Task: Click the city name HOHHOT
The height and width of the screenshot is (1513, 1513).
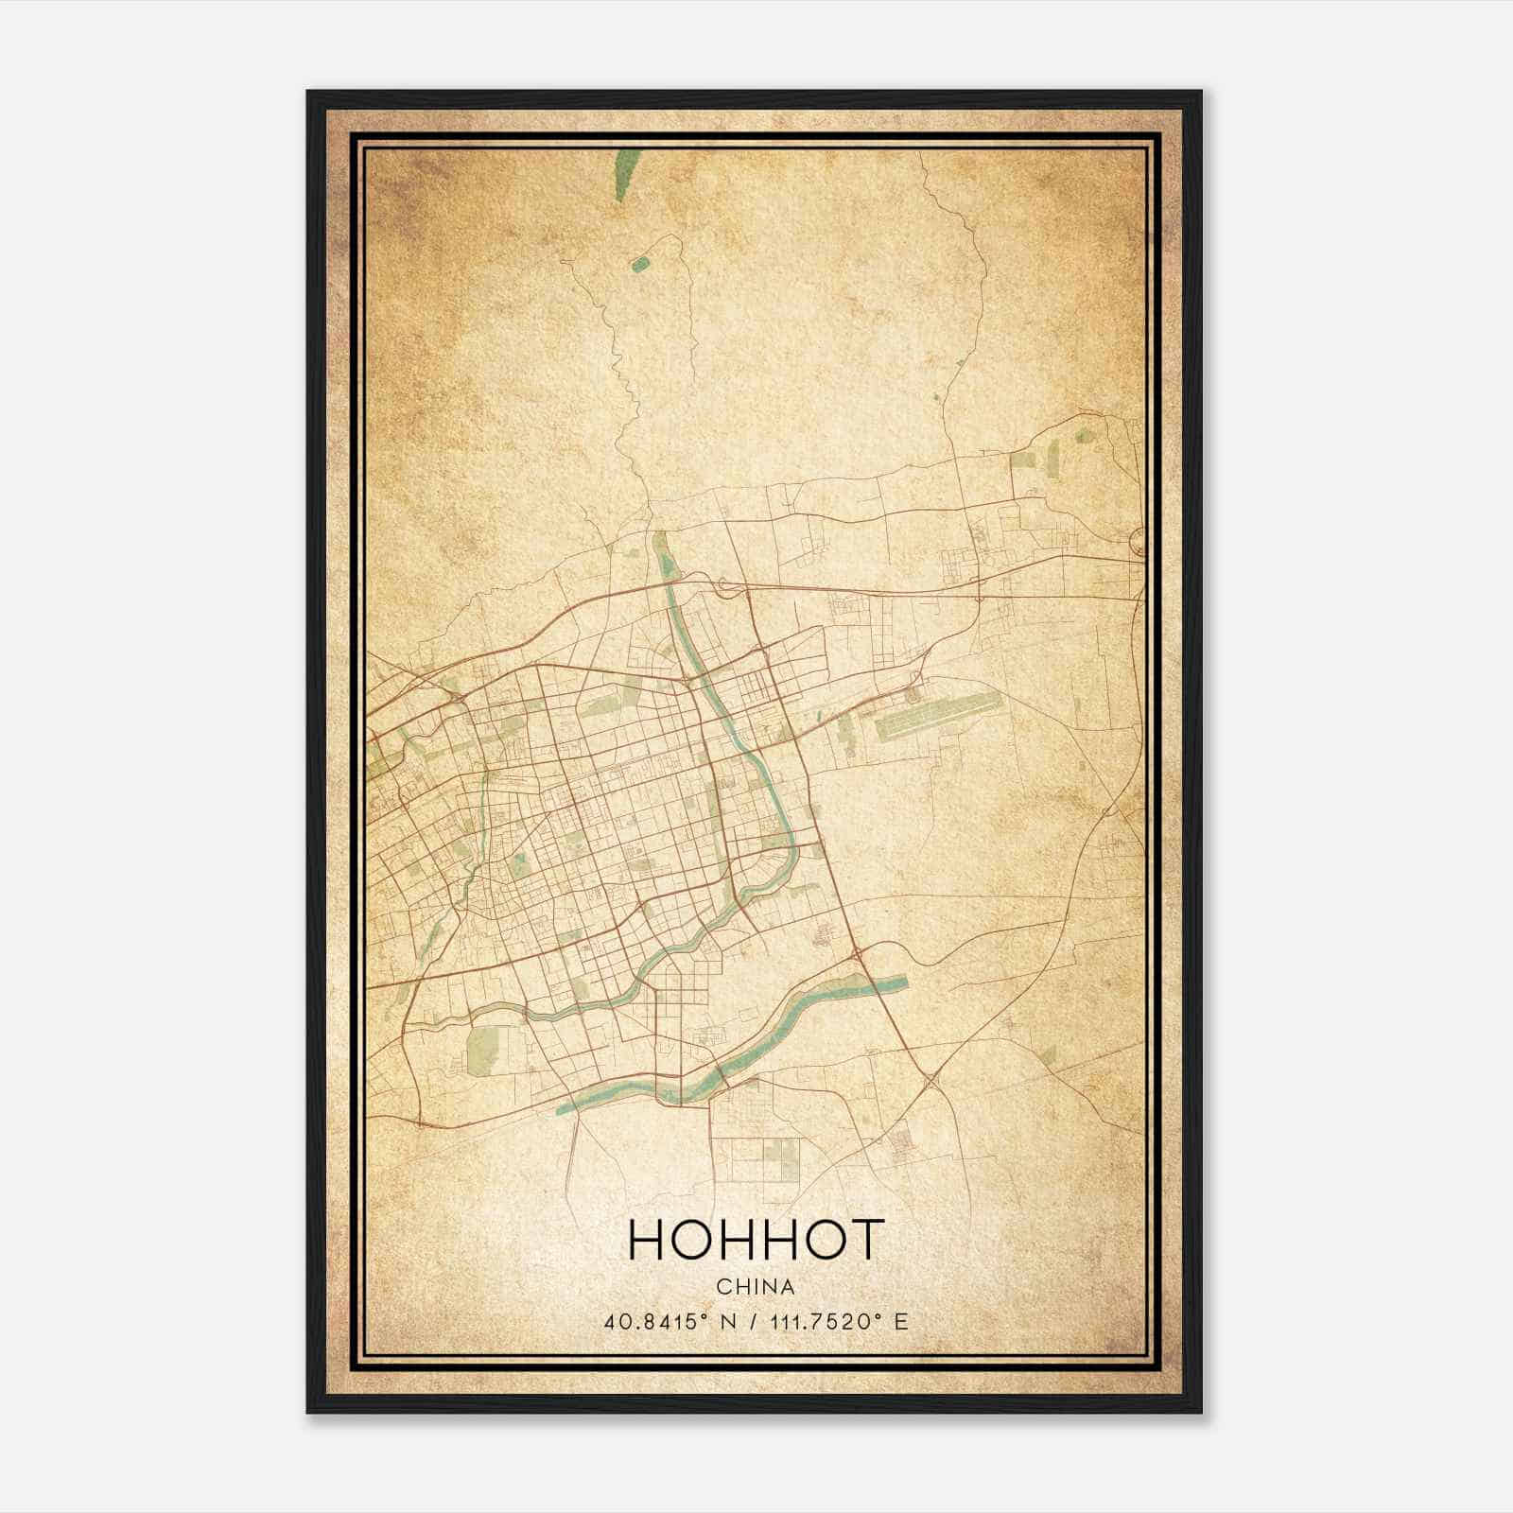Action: tap(756, 1240)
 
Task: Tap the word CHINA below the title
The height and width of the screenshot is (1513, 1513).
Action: tap(756, 1287)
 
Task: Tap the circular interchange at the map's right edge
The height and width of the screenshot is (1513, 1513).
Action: tap(1138, 541)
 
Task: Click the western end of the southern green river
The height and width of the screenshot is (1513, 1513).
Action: tap(565, 1107)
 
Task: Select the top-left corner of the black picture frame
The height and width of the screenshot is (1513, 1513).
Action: tap(308, 93)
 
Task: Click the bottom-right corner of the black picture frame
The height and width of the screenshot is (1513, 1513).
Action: tap(1201, 1412)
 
